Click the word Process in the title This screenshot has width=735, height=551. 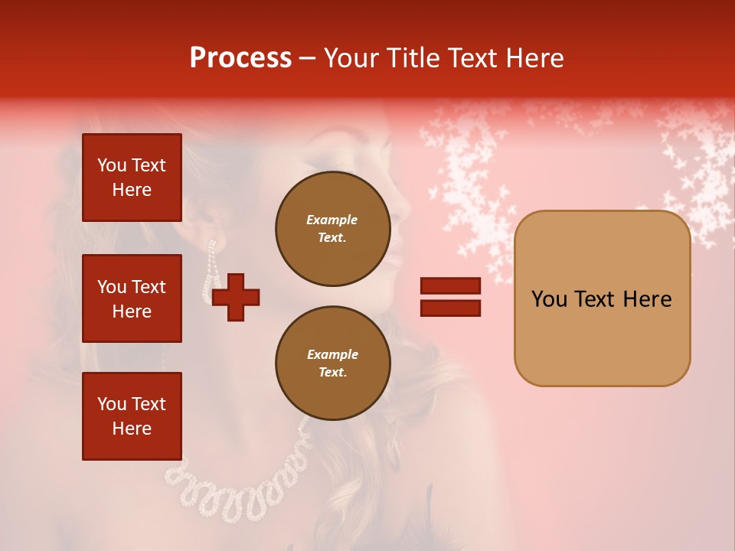240,58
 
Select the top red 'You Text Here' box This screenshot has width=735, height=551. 132,178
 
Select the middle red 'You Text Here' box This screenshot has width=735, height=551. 132,298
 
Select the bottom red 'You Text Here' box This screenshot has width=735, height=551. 132,416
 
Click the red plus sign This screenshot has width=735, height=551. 236,297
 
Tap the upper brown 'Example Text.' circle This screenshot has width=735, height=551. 332,229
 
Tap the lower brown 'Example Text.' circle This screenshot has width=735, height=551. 332,364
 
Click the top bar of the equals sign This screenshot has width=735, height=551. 450,286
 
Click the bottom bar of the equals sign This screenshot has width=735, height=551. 450,308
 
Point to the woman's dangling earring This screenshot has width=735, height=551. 210,272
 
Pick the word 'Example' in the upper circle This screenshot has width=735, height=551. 332,220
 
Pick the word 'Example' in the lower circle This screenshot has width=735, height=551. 332,354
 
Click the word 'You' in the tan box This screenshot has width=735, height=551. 550,299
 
